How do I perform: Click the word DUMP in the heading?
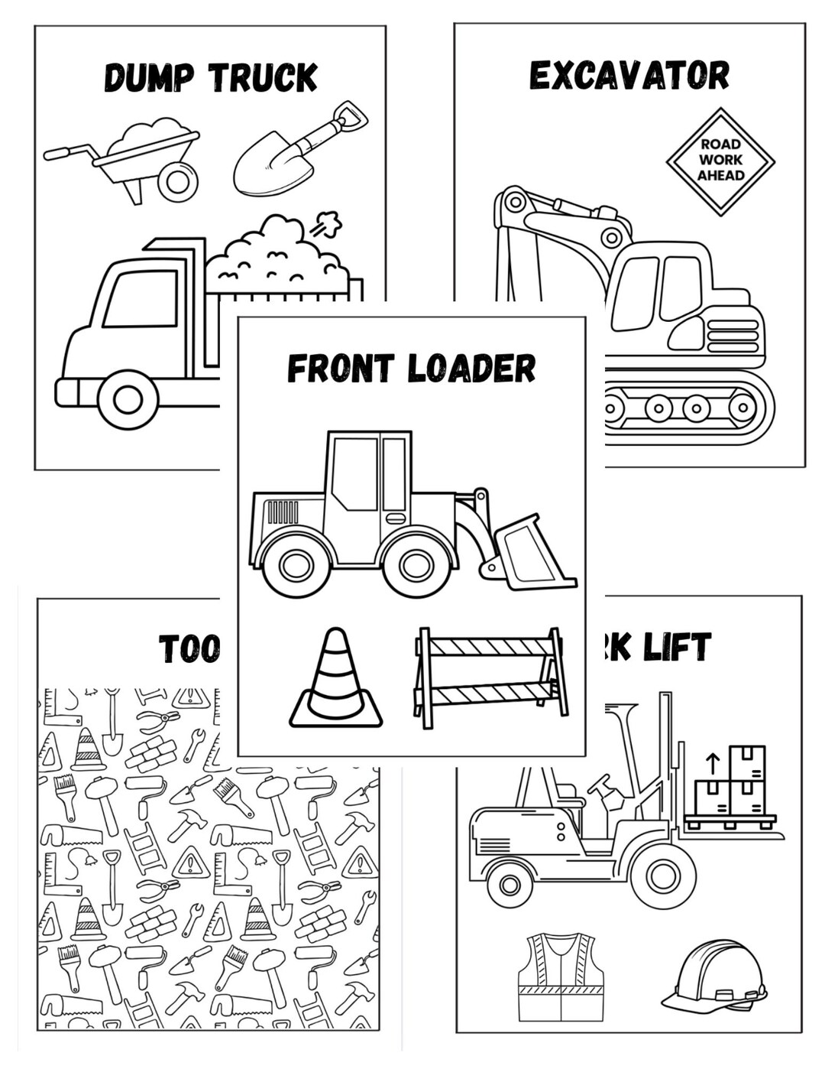pyautogui.click(x=150, y=78)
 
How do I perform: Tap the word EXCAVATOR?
pyautogui.click(x=629, y=76)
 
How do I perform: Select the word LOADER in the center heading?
pyautogui.click(x=471, y=369)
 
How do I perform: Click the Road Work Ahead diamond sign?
pyautogui.click(x=720, y=161)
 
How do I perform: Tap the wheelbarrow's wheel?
pyautogui.click(x=178, y=181)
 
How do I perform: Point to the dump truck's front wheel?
pyautogui.click(x=128, y=398)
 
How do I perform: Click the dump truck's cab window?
pyautogui.click(x=141, y=298)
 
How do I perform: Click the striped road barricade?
pyautogui.click(x=490, y=677)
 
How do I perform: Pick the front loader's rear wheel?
pyautogui.click(x=294, y=565)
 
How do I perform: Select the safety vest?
pyautogui.click(x=561, y=976)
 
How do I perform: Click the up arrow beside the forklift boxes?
pyautogui.click(x=712, y=762)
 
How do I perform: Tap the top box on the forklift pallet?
pyautogui.click(x=746, y=762)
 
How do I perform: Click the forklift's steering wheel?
pyautogui.click(x=599, y=784)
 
